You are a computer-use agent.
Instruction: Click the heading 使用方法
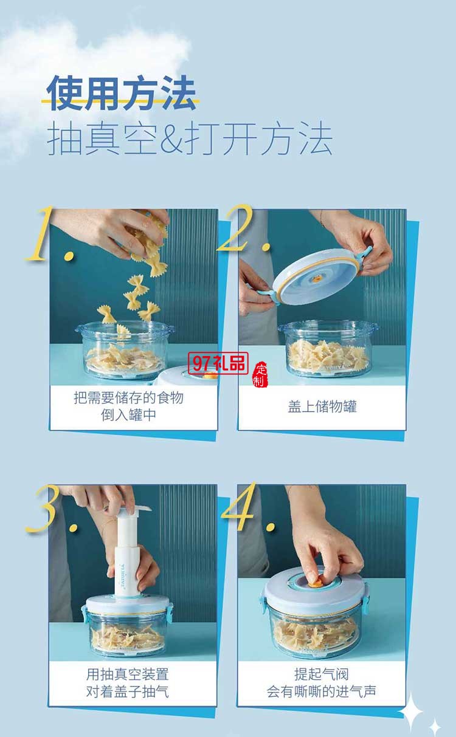click(122, 94)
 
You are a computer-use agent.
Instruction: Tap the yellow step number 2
click(243, 230)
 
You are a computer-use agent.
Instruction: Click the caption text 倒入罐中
click(133, 416)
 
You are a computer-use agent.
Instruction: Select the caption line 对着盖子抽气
click(133, 691)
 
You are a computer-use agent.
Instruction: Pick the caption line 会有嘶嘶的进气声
click(321, 691)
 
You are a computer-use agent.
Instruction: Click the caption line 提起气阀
click(321, 674)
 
